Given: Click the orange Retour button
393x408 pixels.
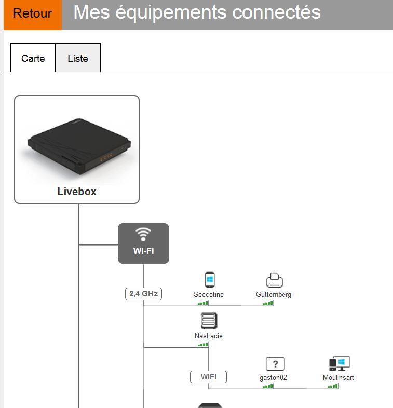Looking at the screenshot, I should pos(32,13).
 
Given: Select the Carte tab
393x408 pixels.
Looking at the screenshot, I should pos(33,58).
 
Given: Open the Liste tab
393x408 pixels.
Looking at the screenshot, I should pos(77,58).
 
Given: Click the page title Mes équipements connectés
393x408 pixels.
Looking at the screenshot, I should pos(197,12).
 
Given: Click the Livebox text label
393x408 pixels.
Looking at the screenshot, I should pos(77,192).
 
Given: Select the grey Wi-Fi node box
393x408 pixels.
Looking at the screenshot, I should pos(143,243).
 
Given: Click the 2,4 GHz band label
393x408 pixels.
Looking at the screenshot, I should pos(143,294).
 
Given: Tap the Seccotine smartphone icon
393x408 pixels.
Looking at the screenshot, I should pos(209,280).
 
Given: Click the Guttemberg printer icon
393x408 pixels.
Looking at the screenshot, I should pos(274,280).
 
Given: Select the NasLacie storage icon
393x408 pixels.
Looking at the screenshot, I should pos(209,321).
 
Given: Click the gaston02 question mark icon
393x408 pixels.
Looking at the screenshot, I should pos(275,364).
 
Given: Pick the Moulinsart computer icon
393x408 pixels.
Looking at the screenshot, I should pos(339,363).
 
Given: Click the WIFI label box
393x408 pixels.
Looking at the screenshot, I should pos(208,377).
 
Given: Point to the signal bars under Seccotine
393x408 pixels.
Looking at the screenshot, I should pos(203,303).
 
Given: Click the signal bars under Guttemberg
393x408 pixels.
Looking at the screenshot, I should pos(268,303).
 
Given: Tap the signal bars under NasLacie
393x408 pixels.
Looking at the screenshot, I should pos(203,344).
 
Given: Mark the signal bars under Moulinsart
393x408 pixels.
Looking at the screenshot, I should pos(333,386).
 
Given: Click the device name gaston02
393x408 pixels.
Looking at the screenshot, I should pos(273,377).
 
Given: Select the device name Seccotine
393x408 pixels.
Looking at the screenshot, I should pos(209,294).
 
